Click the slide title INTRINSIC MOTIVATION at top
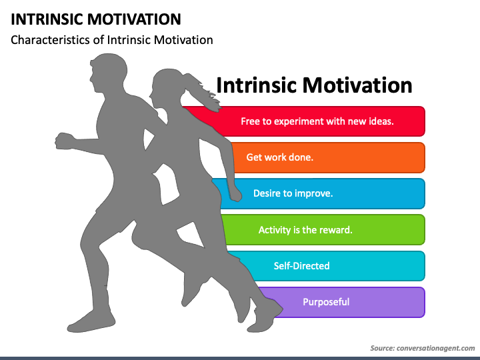click(x=95, y=19)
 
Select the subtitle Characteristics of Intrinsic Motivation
click(x=112, y=40)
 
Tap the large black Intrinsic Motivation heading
click(x=314, y=85)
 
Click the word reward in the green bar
click(x=335, y=230)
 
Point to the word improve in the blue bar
click(x=313, y=193)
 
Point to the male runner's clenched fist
click(x=64, y=141)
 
